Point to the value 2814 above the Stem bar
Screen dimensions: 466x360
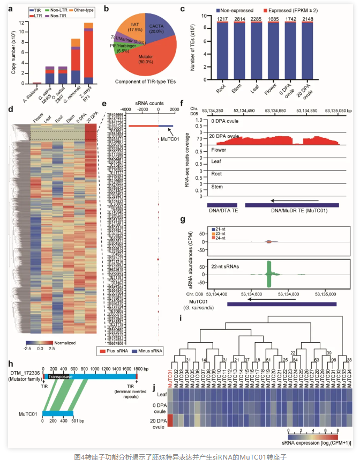click(x=235, y=19)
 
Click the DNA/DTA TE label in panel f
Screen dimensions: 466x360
click(x=223, y=211)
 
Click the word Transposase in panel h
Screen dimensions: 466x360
click(x=59, y=376)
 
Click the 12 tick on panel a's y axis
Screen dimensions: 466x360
click(x=20, y=23)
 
